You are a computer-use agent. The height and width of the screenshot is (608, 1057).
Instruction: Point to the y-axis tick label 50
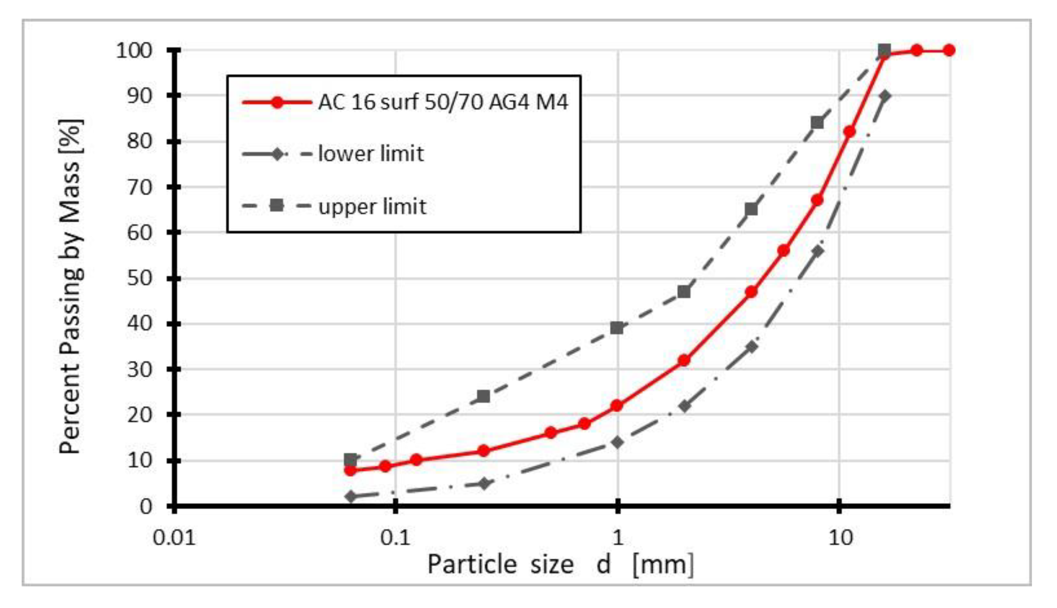pyautogui.click(x=140, y=279)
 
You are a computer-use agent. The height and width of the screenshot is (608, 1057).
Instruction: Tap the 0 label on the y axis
pyautogui.click(x=146, y=506)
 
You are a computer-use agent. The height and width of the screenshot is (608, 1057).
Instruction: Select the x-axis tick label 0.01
pyautogui.click(x=174, y=538)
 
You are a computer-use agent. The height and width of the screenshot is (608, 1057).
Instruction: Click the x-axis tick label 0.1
pyautogui.click(x=395, y=538)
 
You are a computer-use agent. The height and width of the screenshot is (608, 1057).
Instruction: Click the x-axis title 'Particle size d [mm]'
pyautogui.click(x=560, y=565)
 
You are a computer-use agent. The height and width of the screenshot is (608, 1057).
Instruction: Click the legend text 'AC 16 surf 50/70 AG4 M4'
pyautogui.click(x=443, y=102)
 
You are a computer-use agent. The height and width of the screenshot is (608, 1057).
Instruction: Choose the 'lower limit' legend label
pyautogui.click(x=371, y=154)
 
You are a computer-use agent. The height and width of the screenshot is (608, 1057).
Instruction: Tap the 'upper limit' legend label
pyautogui.click(x=372, y=206)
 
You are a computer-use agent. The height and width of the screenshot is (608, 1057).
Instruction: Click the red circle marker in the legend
pyautogui.click(x=277, y=102)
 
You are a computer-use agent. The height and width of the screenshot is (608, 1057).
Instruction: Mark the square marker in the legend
pyautogui.click(x=277, y=206)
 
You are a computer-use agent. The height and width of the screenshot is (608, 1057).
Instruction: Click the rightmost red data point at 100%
pyautogui.click(x=949, y=50)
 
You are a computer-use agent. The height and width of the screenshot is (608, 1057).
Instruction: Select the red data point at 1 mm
pyautogui.click(x=617, y=405)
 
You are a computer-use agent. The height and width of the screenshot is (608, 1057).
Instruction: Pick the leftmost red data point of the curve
pyautogui.click(x=350, y=470)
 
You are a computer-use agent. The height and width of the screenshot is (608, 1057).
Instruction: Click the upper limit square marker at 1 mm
pyautogui.click(x=617, y=328)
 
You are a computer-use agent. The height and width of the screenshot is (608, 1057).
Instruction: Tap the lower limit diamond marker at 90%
pyautogui.click(x=885, y=96)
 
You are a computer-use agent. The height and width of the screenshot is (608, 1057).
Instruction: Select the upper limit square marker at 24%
pyautogui.click(x=484, y=396)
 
